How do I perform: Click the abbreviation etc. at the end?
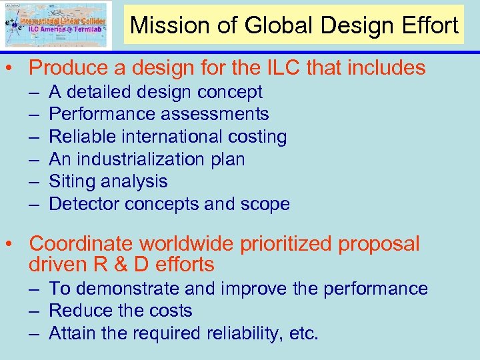[304, 333]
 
